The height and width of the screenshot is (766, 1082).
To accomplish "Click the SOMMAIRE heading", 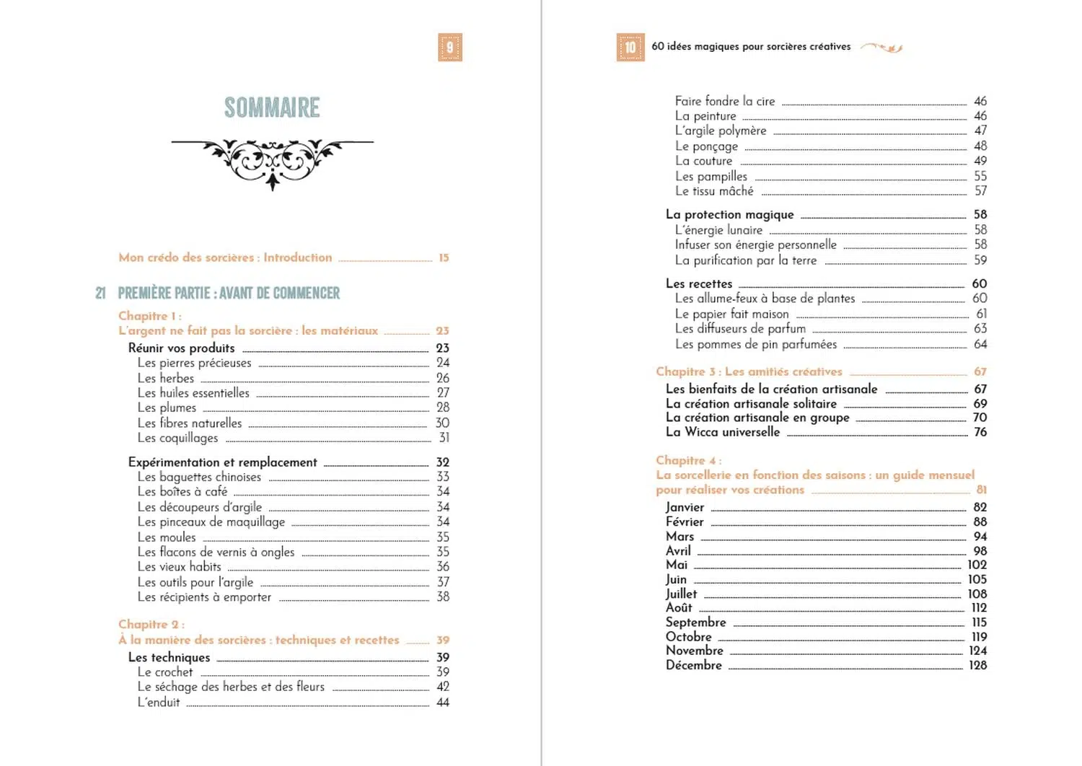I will click(x=272, y=108).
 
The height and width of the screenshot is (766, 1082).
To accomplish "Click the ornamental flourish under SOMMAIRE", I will click(x=272, y=160).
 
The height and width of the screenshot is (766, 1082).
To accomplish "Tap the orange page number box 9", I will click(x=449, y=48).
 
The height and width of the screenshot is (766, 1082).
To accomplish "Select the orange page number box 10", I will click(x=630, y=48).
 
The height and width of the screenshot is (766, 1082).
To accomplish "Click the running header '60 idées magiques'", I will click(x=751, y=47).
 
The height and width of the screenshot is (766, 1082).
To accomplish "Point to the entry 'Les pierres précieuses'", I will click(x=195, y=363).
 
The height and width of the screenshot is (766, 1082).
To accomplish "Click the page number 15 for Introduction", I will click(x=444, y=257).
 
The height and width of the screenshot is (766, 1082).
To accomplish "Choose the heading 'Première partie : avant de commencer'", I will click(x=229, y=293).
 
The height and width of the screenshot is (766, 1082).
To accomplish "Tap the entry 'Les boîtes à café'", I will click(x=182, y=492).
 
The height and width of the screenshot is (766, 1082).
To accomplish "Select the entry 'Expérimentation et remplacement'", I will click(x=223, y=462).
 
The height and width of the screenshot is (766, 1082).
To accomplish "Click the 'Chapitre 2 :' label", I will click(x=151, y=625).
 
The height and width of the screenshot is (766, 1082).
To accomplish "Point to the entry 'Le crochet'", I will click(x=165, y=672).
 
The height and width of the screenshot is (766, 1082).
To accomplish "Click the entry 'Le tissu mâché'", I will click(x=714, y=191).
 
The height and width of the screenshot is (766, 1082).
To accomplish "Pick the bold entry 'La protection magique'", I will click(x=729, y=215).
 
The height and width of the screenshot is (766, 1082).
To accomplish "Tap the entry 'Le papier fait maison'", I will click(x=731, y=314).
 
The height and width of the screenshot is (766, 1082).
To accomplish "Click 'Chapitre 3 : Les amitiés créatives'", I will click(x=749, y=371).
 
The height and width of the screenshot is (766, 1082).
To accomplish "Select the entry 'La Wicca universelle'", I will click(x=723, y=432).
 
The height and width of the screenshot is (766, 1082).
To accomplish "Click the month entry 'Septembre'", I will click(x=695, y=622).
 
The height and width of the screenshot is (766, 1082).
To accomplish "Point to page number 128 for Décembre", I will click(x=977, y=665).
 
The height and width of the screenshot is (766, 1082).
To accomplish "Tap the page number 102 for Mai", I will click(x=977, y=565).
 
